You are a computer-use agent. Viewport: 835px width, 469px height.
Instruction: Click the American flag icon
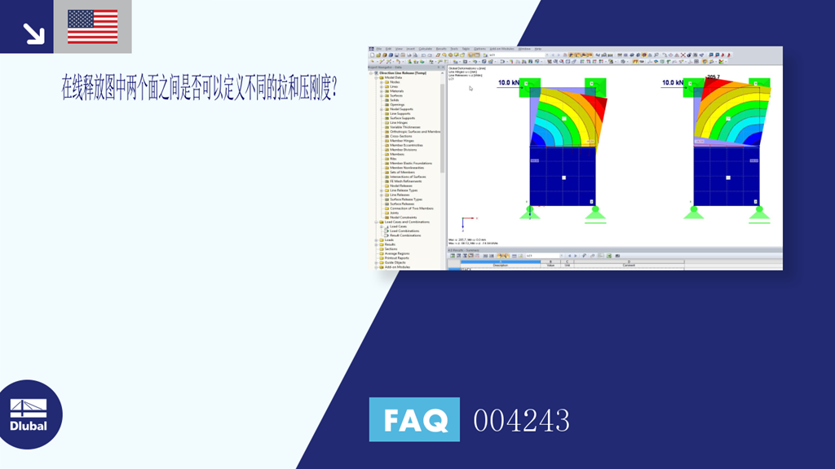[x=92, y=27]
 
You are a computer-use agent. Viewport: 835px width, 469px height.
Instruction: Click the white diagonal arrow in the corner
[x=33, y=33]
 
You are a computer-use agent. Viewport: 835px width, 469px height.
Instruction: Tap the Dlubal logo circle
[x=29, y=414]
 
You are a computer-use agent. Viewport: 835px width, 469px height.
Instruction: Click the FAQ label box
[x=414, y=420]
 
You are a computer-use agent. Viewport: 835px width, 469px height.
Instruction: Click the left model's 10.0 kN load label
[x=508, y=83]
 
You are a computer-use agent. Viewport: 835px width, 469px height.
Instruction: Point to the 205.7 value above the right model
[x=713, y=77]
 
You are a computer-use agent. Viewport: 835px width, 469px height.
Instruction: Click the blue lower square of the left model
[x=563, y=176]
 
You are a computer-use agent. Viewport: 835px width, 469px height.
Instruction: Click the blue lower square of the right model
[x=727, y=176]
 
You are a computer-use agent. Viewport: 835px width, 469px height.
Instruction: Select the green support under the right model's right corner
[x=759, y=213]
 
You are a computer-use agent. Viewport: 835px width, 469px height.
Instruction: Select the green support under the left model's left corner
[x=531, y=213]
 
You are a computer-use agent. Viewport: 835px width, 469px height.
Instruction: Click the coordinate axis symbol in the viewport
[x=464, y=223]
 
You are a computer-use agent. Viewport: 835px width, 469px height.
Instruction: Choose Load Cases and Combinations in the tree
[x=408, y=221]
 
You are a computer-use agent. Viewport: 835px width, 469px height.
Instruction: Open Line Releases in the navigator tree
[x=400, y=195]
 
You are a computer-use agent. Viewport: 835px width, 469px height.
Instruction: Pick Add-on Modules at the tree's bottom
[x=398, y=267]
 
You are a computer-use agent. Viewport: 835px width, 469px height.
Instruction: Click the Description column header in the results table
[x=500, y=265]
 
